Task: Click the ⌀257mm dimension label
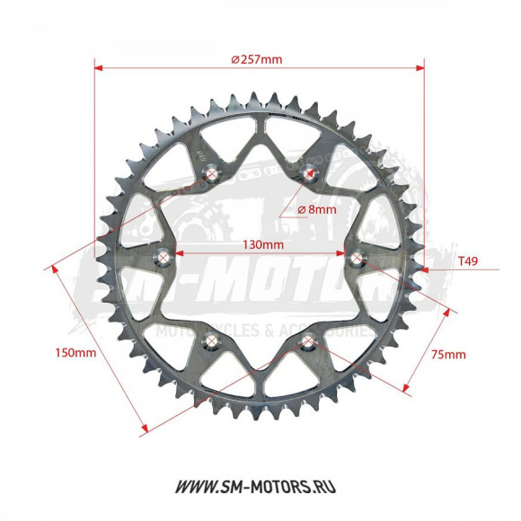click(x=257, y=59)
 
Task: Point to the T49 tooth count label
click(x=467, y=261)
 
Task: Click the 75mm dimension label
click(x=448, y=354)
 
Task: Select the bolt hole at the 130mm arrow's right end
click(x=358, y=260)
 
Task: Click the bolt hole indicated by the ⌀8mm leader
click(x=309, y=177)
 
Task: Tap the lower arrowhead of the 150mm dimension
click(x=142, y=431)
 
